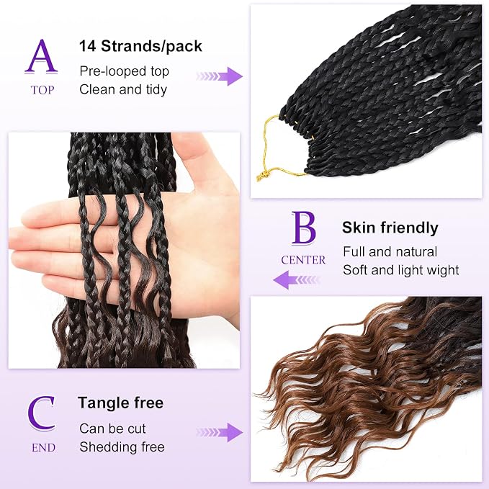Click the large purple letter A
coord(41,57)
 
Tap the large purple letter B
coord(303,228)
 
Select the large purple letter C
coord(41,413)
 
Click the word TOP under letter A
coord(42,90)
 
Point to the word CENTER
coord(303,260)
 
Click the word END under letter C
coord(43,447)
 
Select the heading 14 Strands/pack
coord(140,47)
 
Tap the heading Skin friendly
coord(390,228)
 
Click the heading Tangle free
coord(121,403)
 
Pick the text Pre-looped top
coord(124,72)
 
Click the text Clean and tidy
coord(123,90)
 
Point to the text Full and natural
coord(390,251)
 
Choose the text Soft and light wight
coord(400,270)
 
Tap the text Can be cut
coord(112,429)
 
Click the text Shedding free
coord(122,447)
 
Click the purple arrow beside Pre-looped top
coord(220,76)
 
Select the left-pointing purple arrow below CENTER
coord(297,279)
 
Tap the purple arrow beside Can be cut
coord(220,432)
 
